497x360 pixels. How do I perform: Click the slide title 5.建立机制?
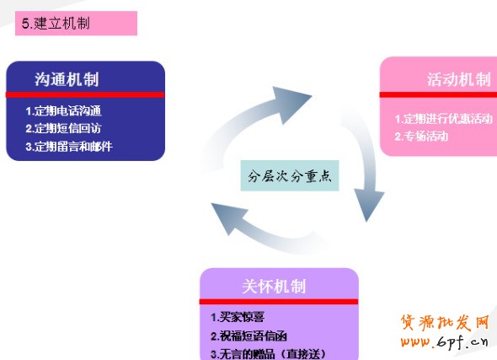point(56,24)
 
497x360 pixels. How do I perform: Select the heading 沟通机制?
point(67,79)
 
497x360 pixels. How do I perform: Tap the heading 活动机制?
point(458,79)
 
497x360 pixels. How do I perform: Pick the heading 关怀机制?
point(274,286)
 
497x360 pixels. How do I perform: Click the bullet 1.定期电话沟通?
point(64,111)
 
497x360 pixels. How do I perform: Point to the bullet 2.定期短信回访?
point(63,128)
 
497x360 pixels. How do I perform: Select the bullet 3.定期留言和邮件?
point(69,147)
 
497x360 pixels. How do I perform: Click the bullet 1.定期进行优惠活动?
point(443,119)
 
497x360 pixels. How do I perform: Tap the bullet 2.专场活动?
point(421,137)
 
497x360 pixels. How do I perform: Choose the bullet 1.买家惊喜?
point(238,317)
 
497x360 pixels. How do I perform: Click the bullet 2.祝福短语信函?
point(248,336)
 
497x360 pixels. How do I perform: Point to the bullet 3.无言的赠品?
point(243,354)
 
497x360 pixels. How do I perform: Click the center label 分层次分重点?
point(290,175)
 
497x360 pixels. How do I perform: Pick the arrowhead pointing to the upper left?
point(229,218)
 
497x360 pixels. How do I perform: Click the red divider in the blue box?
point(85,94)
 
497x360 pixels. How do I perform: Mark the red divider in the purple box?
point(279,301)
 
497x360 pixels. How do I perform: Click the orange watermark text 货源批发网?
point(445,323)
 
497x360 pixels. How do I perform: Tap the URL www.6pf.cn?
point(444,342)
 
